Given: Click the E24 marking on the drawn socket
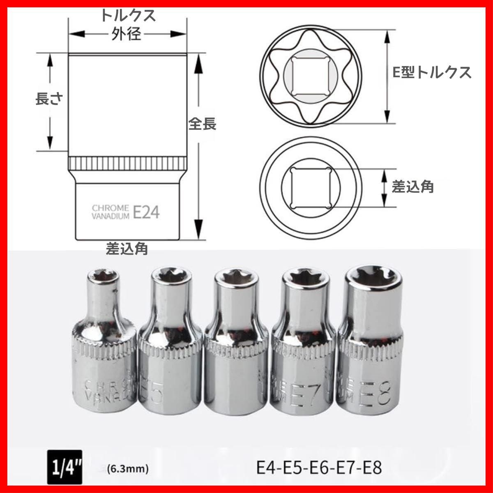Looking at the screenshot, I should coord(146,212).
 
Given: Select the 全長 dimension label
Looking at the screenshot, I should coord(202,124).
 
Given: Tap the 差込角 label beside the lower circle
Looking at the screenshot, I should coord(412,187).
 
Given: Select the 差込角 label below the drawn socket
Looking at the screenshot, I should coord(127,249).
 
